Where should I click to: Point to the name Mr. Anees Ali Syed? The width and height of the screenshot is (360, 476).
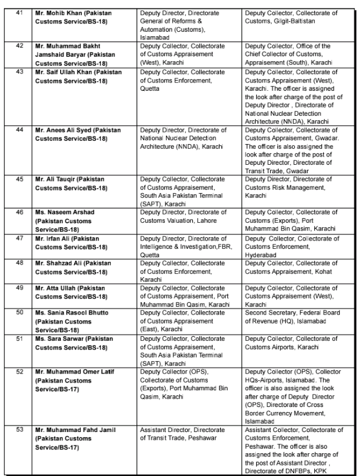(x=64, y=130)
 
